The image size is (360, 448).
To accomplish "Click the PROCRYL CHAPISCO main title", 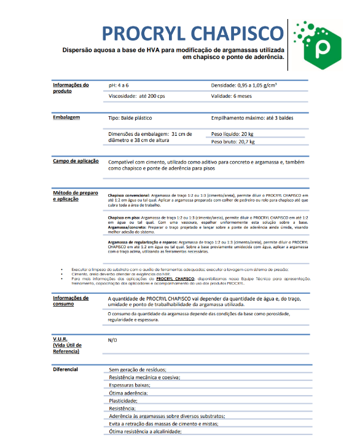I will [193, 33].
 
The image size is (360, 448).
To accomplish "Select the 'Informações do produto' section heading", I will [71, 88].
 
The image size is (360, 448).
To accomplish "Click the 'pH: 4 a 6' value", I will [119, 85].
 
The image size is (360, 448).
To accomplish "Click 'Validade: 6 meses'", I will [232, 96].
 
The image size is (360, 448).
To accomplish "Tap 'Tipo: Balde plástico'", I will [130, 116].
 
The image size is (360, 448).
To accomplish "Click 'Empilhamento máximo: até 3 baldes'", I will [250, 116].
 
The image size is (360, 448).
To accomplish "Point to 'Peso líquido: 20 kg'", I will [232, 133].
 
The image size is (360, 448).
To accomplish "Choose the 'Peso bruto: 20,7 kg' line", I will [233, 141].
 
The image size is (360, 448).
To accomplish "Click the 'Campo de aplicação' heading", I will [76, 161].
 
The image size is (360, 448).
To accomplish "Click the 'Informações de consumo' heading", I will [71, 301].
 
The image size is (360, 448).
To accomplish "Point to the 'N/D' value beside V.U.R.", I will [112, 340].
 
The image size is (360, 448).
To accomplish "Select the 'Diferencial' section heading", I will [66, 369].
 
